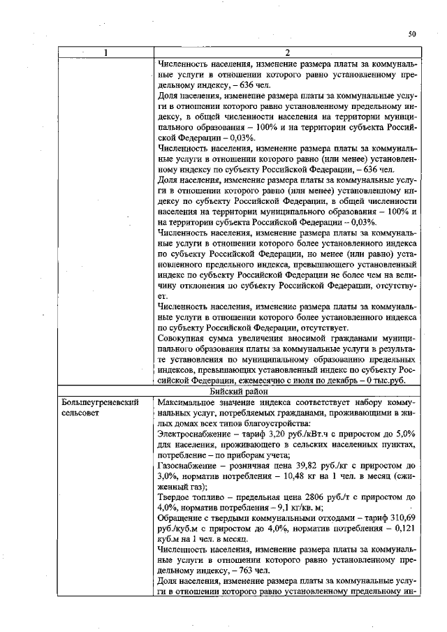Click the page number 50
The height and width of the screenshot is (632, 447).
pyautogui.click(x=412, y=34)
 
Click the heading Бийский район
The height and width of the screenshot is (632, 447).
pyautogui.click(x=288, y=392)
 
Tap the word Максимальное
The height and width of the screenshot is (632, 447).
pyautogui.click(x=190, y=404)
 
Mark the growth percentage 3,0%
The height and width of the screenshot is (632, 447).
pyautogui.click(x=169, y=476)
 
